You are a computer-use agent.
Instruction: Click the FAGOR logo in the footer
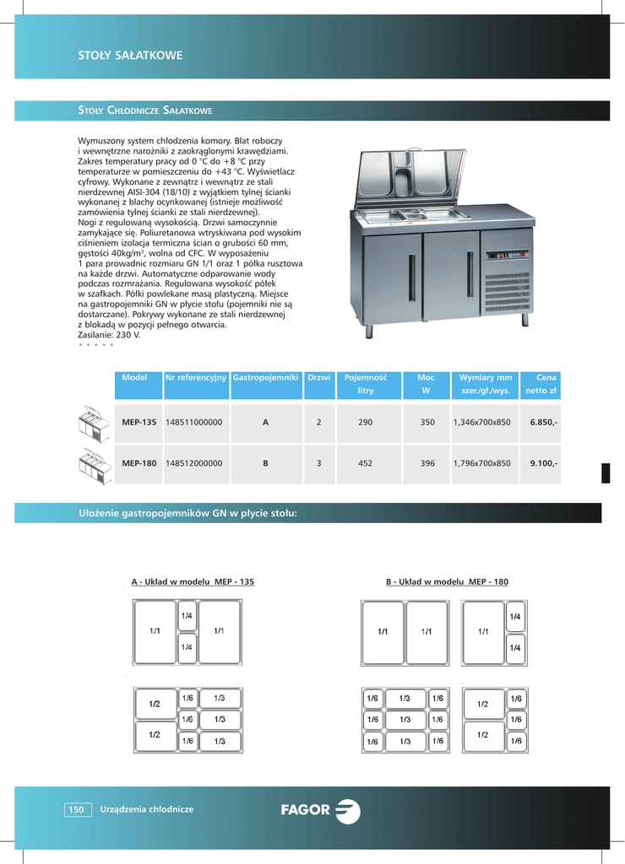[x=320, y=811]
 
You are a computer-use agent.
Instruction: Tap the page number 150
[x=76, y=810]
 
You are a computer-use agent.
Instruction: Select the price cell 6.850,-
[x=542, y=421]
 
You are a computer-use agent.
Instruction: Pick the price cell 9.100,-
[x=542, y=463]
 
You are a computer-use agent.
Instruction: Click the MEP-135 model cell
[x=139, y=421]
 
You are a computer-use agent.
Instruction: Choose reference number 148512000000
[x=194, y=463]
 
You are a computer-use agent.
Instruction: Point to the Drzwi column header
[x=318, y=378]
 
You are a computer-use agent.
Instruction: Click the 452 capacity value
[x=365, y=463]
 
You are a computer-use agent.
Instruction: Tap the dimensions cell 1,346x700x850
[x=481, y=421]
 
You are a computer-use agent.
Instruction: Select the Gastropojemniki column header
[x=265, y=378]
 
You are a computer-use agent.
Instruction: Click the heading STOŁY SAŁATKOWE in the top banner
[x=131, y=57]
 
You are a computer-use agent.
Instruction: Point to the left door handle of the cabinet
[x=411, y=277]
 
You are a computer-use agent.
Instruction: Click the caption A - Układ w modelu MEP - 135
[x=193, y=582]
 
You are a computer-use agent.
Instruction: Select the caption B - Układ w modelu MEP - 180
[x=447, y=582]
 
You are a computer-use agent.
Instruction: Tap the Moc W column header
[x=426, y=385]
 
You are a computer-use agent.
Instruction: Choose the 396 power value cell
[x=427, y=463]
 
